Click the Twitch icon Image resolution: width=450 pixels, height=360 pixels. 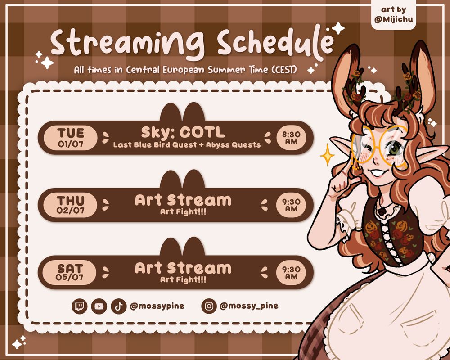80,306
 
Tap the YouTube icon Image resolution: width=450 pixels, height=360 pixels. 99,306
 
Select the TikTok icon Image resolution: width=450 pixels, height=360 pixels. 118,306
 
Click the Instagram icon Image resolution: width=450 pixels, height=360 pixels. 209,306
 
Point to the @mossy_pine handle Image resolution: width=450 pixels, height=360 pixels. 249,306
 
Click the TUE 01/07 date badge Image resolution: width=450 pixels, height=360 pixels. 71,138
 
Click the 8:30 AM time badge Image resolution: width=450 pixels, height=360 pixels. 291,138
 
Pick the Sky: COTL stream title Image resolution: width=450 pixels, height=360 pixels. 183,133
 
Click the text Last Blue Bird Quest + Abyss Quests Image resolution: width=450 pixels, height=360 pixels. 187,145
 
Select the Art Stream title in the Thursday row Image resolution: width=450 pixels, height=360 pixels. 183,200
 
